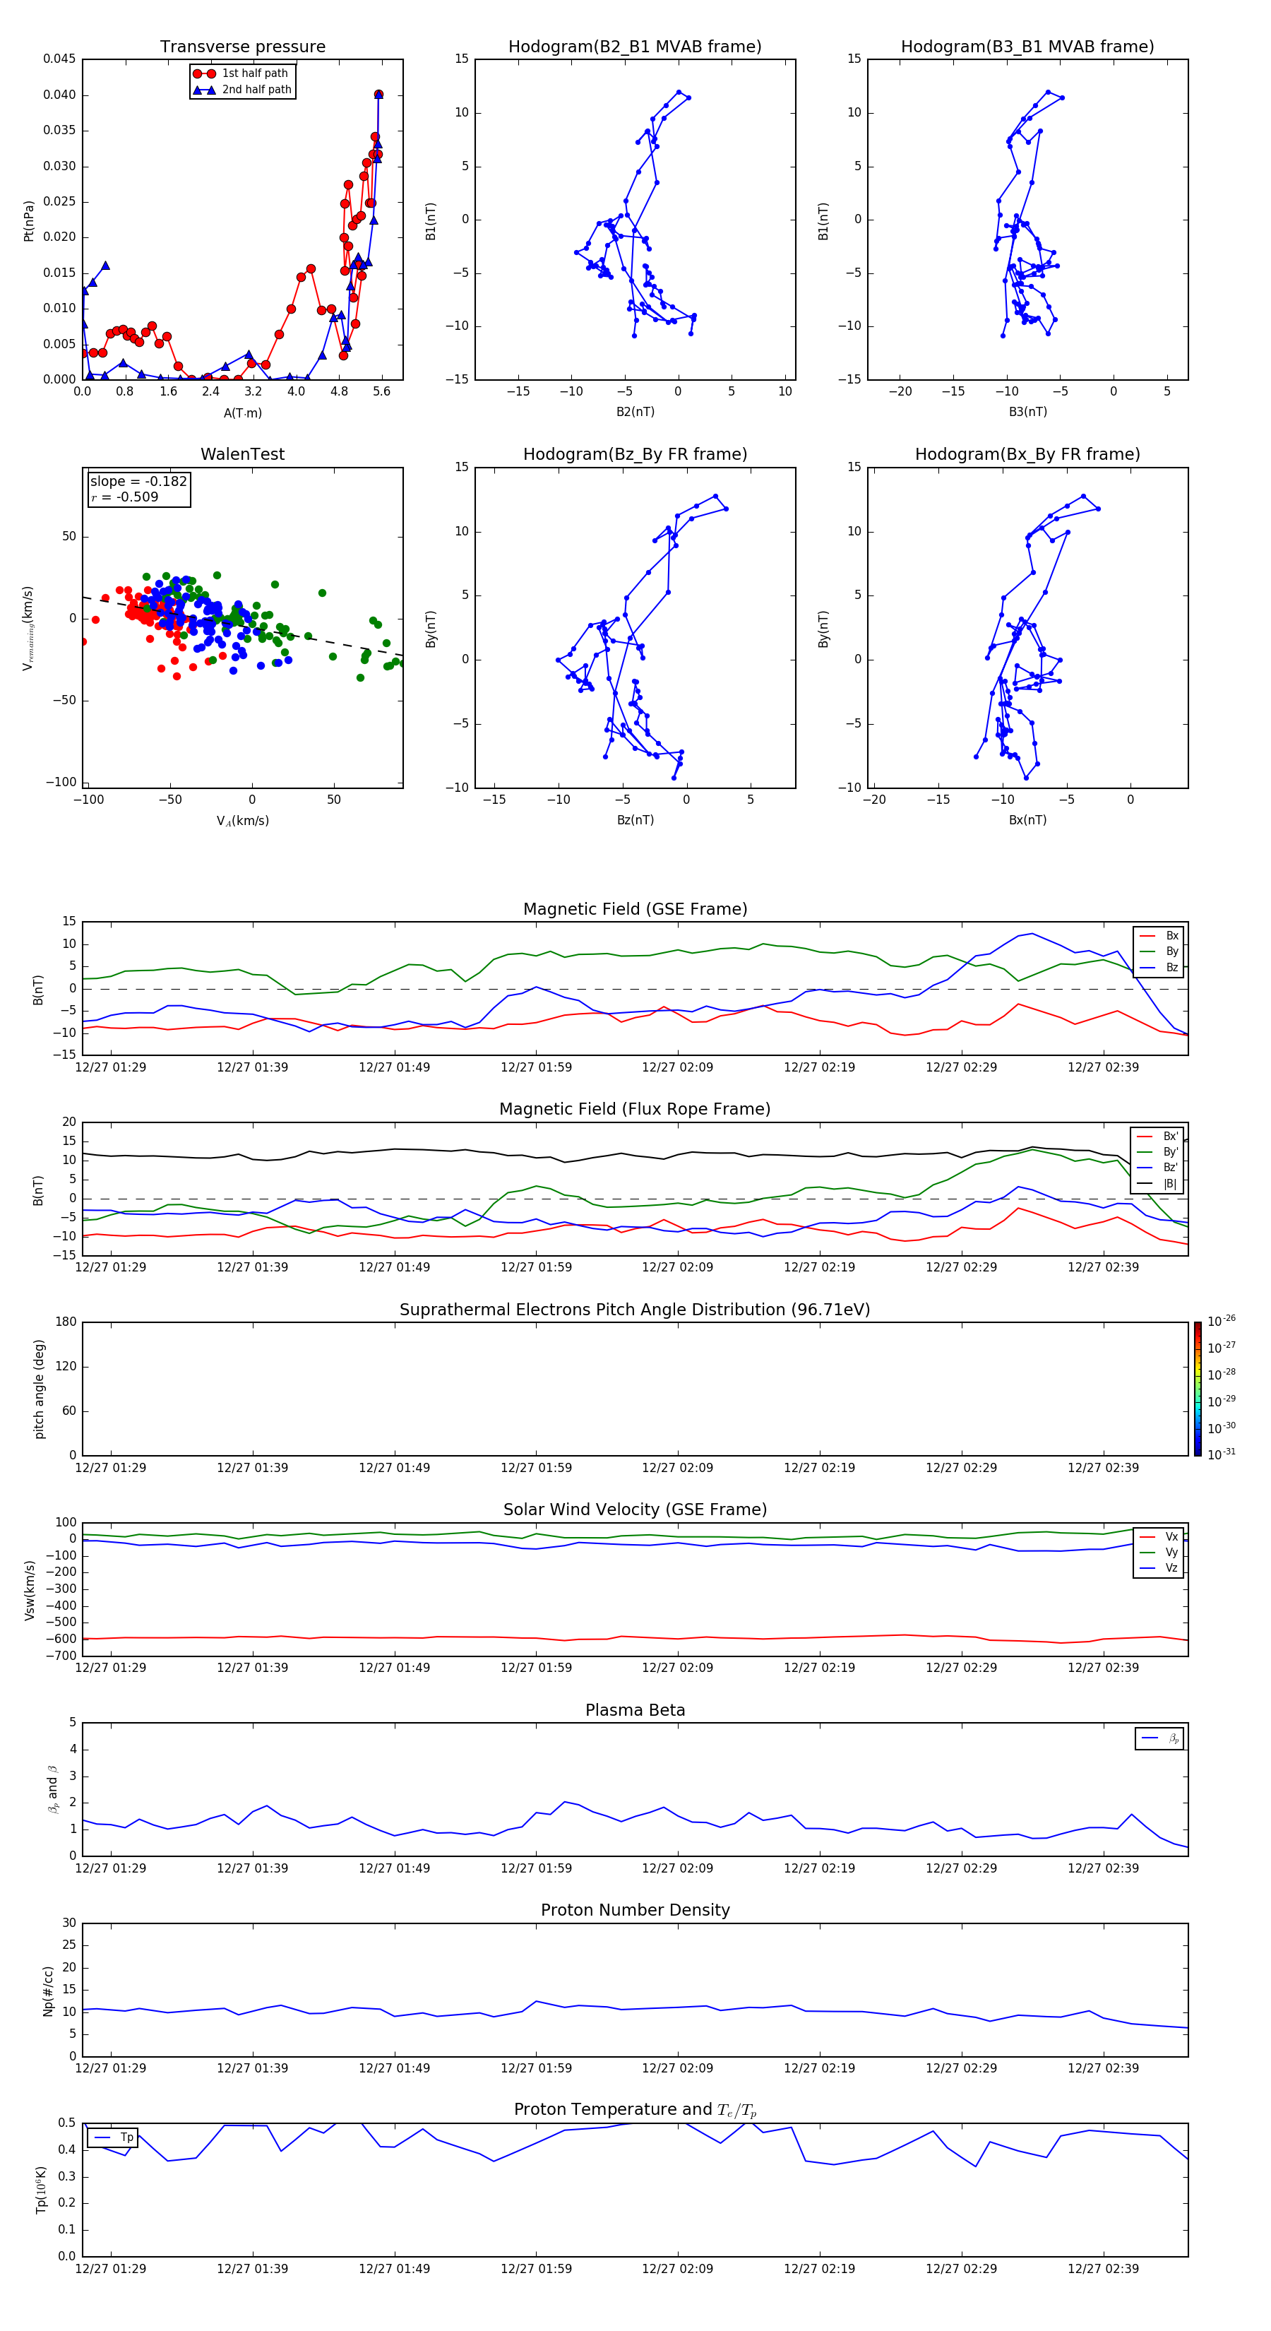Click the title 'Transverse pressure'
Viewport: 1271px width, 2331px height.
click(x=242, y=47)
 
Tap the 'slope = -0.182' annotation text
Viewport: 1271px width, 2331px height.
click(x=138, y=482)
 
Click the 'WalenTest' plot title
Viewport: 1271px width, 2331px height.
click(x=242, y=454)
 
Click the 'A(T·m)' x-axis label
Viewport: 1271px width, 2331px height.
click(x=242, y=413)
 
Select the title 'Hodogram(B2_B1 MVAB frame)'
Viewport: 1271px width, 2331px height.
click(x=634, y=47)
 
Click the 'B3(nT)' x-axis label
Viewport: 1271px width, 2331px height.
click(x=1027, y=412)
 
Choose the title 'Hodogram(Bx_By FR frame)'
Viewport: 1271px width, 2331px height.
click(x=1027, y=454)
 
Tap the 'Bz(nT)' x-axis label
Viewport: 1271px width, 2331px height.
click(x=635, y=820)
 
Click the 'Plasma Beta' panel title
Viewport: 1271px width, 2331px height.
click(x=635, y=1710)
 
